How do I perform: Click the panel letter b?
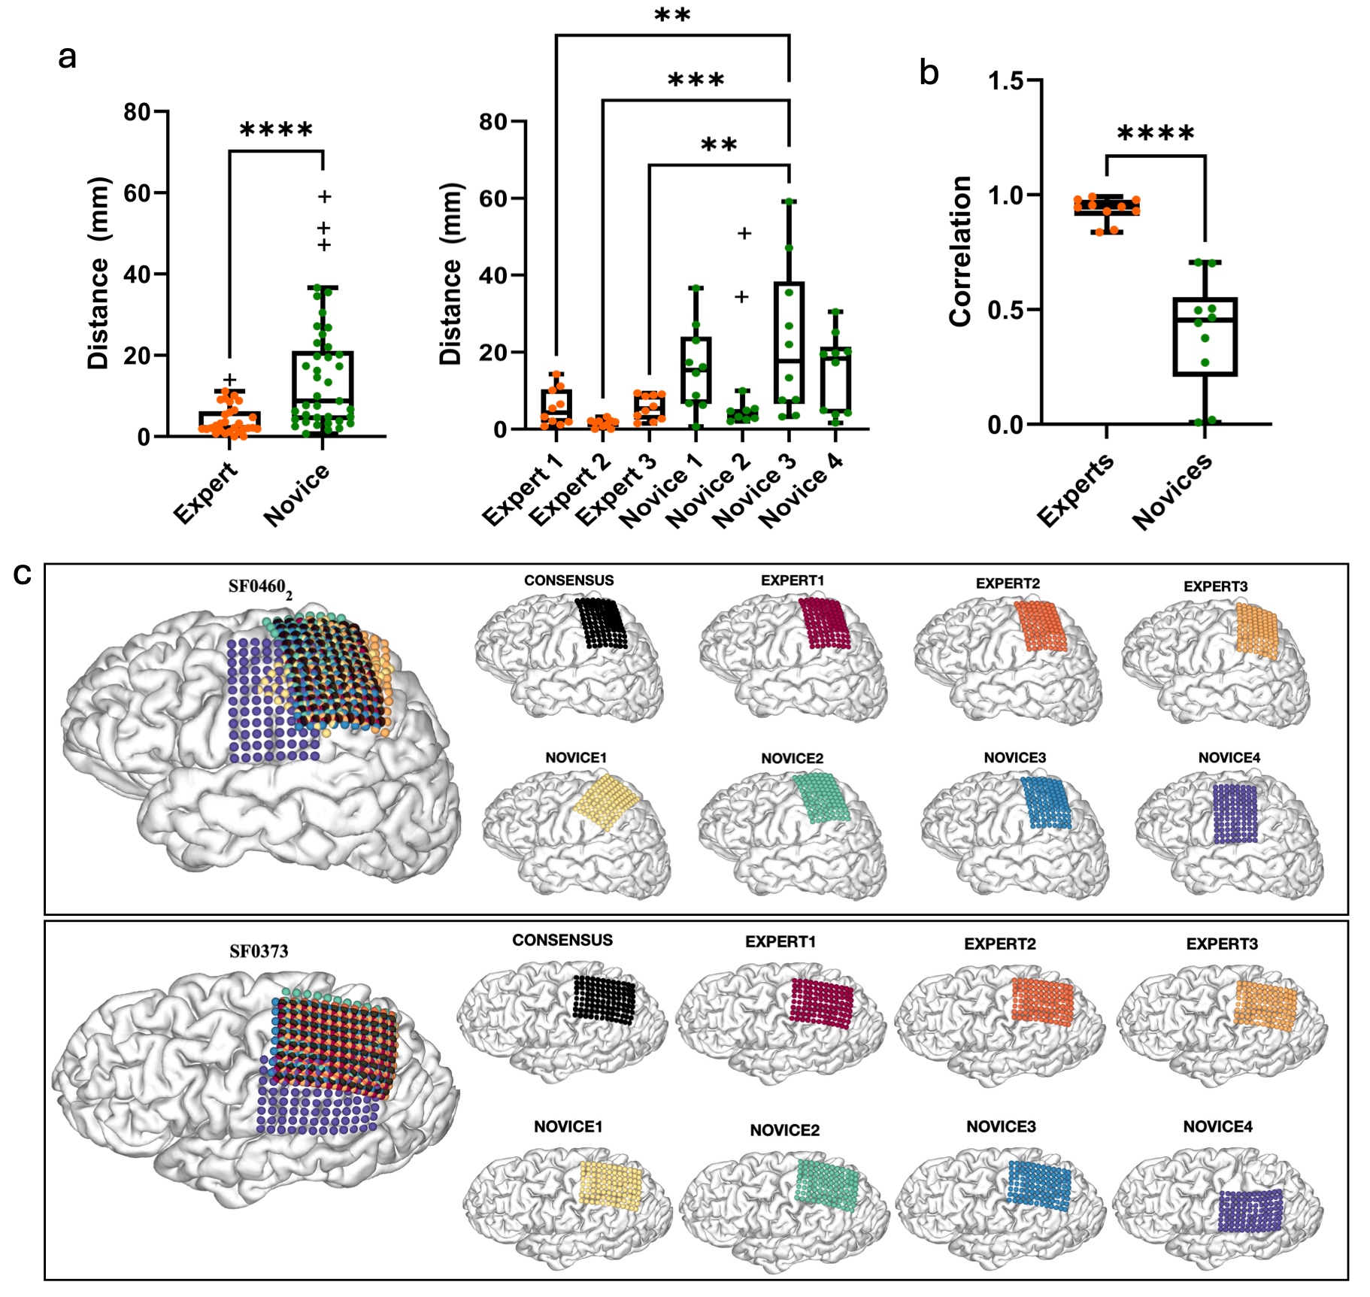pyautogui.click(x=929, y=74)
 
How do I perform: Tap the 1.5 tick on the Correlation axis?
pyautogui.click(x=1005, y=80)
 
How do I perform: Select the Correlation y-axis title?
pyautogui.click(x=960, y=251)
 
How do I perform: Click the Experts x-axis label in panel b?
pyautogui.click(x=1075, y=489)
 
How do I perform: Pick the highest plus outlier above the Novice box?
pyautogui.click(x=324, y=197)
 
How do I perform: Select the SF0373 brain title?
pyautogui.click(x=259, y=951)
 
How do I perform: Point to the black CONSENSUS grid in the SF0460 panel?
pyautogui.click(x=601, y=622)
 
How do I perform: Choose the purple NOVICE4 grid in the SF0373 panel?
pyautogui.click(x=1250, y=1211)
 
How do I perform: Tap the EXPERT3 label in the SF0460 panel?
pyautogui.click(x=1215, y=586)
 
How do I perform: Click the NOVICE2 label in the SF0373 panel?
pyautogui.click(x=784, y=1130)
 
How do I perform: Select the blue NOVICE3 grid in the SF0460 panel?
pyautogui.click(x=1046, y=802)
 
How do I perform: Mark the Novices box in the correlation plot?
pyautogui.click(x=1205, y=336)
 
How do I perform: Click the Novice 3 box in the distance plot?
pyautogui.click(x=789, y=343)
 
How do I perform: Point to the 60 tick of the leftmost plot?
pyautogui.click(x=137, y=193)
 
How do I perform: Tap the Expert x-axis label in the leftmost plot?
pyautogui.click(x=205, y=493)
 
